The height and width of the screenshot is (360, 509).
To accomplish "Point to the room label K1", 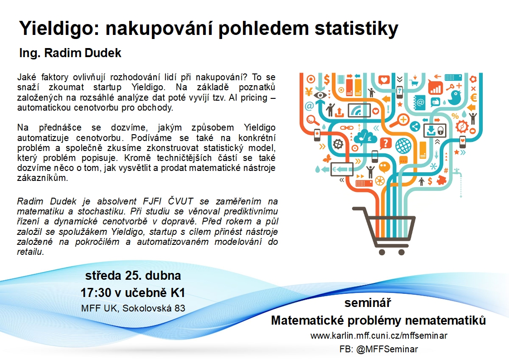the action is point(178,293).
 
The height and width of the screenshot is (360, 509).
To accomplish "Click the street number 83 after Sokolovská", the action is point(180,308).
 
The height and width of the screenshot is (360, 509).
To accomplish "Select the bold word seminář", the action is point(368,303).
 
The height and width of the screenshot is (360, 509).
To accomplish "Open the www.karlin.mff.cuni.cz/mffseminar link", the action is point(378,336).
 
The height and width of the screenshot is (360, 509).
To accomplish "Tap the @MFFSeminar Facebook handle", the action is point(387,349).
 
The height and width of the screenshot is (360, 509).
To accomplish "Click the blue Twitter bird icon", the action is point(455,97).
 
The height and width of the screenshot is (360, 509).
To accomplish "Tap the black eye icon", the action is point(320,95).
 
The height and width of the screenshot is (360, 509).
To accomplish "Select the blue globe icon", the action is point(403,146).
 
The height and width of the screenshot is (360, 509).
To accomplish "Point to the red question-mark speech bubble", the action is point(385,143).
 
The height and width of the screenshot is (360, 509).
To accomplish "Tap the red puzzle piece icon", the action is point(441,180).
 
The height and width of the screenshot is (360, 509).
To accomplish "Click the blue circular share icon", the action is point(415,126).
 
